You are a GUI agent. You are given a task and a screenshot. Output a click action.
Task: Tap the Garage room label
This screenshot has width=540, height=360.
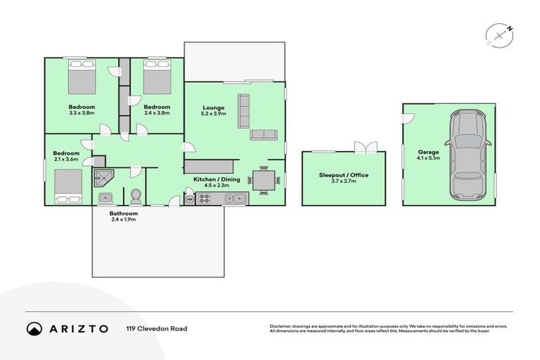(x=428, y=152)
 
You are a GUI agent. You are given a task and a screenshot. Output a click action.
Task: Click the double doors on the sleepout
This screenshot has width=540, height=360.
(x=366, y=148)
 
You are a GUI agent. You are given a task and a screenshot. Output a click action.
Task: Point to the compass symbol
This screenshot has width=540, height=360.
(x=496, y=35)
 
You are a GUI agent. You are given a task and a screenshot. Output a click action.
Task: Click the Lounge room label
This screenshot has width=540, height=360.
(x=213, y=108)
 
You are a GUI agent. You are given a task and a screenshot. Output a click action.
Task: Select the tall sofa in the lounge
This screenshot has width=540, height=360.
(x=244, y=110)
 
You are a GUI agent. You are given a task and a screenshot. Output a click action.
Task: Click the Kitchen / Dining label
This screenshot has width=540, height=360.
(x=217, y=179)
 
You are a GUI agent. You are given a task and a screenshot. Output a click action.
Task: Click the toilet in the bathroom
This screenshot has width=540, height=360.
(x=135, y=195)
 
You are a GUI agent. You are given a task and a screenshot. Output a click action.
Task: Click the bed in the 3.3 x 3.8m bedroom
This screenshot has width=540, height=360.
(x=82, y=77)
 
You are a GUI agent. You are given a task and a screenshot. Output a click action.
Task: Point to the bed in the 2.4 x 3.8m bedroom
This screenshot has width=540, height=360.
(x=157, y=77)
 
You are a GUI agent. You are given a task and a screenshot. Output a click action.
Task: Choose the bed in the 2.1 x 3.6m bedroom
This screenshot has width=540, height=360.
(x=68, y=186)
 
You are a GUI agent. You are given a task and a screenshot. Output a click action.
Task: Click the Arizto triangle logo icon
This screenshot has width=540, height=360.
(x=34, y=328)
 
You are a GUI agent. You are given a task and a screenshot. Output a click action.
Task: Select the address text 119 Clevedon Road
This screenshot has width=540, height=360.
(x=156, y=328)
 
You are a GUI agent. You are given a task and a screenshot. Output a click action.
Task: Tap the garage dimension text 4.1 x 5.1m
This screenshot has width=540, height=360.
(x=428, y=159)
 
